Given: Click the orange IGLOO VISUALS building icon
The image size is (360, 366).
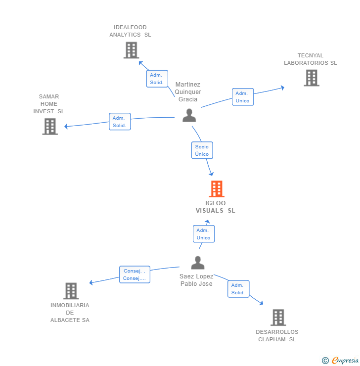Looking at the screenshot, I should tap(217, 189).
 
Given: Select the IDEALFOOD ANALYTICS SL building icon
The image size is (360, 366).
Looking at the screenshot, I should tap(131, 50).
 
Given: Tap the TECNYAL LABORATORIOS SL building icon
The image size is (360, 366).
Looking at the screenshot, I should tap(311, 78).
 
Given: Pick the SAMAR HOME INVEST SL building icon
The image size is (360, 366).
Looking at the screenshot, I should tap(50, 126).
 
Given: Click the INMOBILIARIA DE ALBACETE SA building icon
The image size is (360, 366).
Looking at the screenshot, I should tap(71, 291).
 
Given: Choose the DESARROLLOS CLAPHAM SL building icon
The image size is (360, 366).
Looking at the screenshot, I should tap(278, 317).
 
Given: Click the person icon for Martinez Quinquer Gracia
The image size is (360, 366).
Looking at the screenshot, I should tap(189, 115).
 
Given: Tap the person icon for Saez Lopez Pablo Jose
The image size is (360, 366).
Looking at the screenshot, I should tap(197, 263).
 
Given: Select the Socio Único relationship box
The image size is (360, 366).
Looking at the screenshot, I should tap(202, 150).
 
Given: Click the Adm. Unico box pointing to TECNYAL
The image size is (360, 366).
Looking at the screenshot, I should tap(242, 97).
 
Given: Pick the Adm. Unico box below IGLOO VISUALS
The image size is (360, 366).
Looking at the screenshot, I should tap(203, 234).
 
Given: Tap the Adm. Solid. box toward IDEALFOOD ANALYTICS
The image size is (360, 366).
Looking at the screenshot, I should tap(157, 79).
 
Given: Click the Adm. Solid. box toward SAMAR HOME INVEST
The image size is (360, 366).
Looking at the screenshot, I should tap(120, 122).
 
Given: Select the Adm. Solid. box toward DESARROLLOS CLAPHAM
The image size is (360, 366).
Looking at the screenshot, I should tap(238, 289).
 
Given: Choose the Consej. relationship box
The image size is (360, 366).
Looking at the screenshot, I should tap(134, 274).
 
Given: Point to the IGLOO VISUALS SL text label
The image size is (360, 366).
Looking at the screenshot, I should tap(216, 207).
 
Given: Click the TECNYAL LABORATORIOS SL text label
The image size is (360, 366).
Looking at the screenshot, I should tap(310, 59).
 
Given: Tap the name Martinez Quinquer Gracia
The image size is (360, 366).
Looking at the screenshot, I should tap(188, 92).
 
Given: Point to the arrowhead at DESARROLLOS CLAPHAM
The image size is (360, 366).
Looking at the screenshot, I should tap(261, 303).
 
